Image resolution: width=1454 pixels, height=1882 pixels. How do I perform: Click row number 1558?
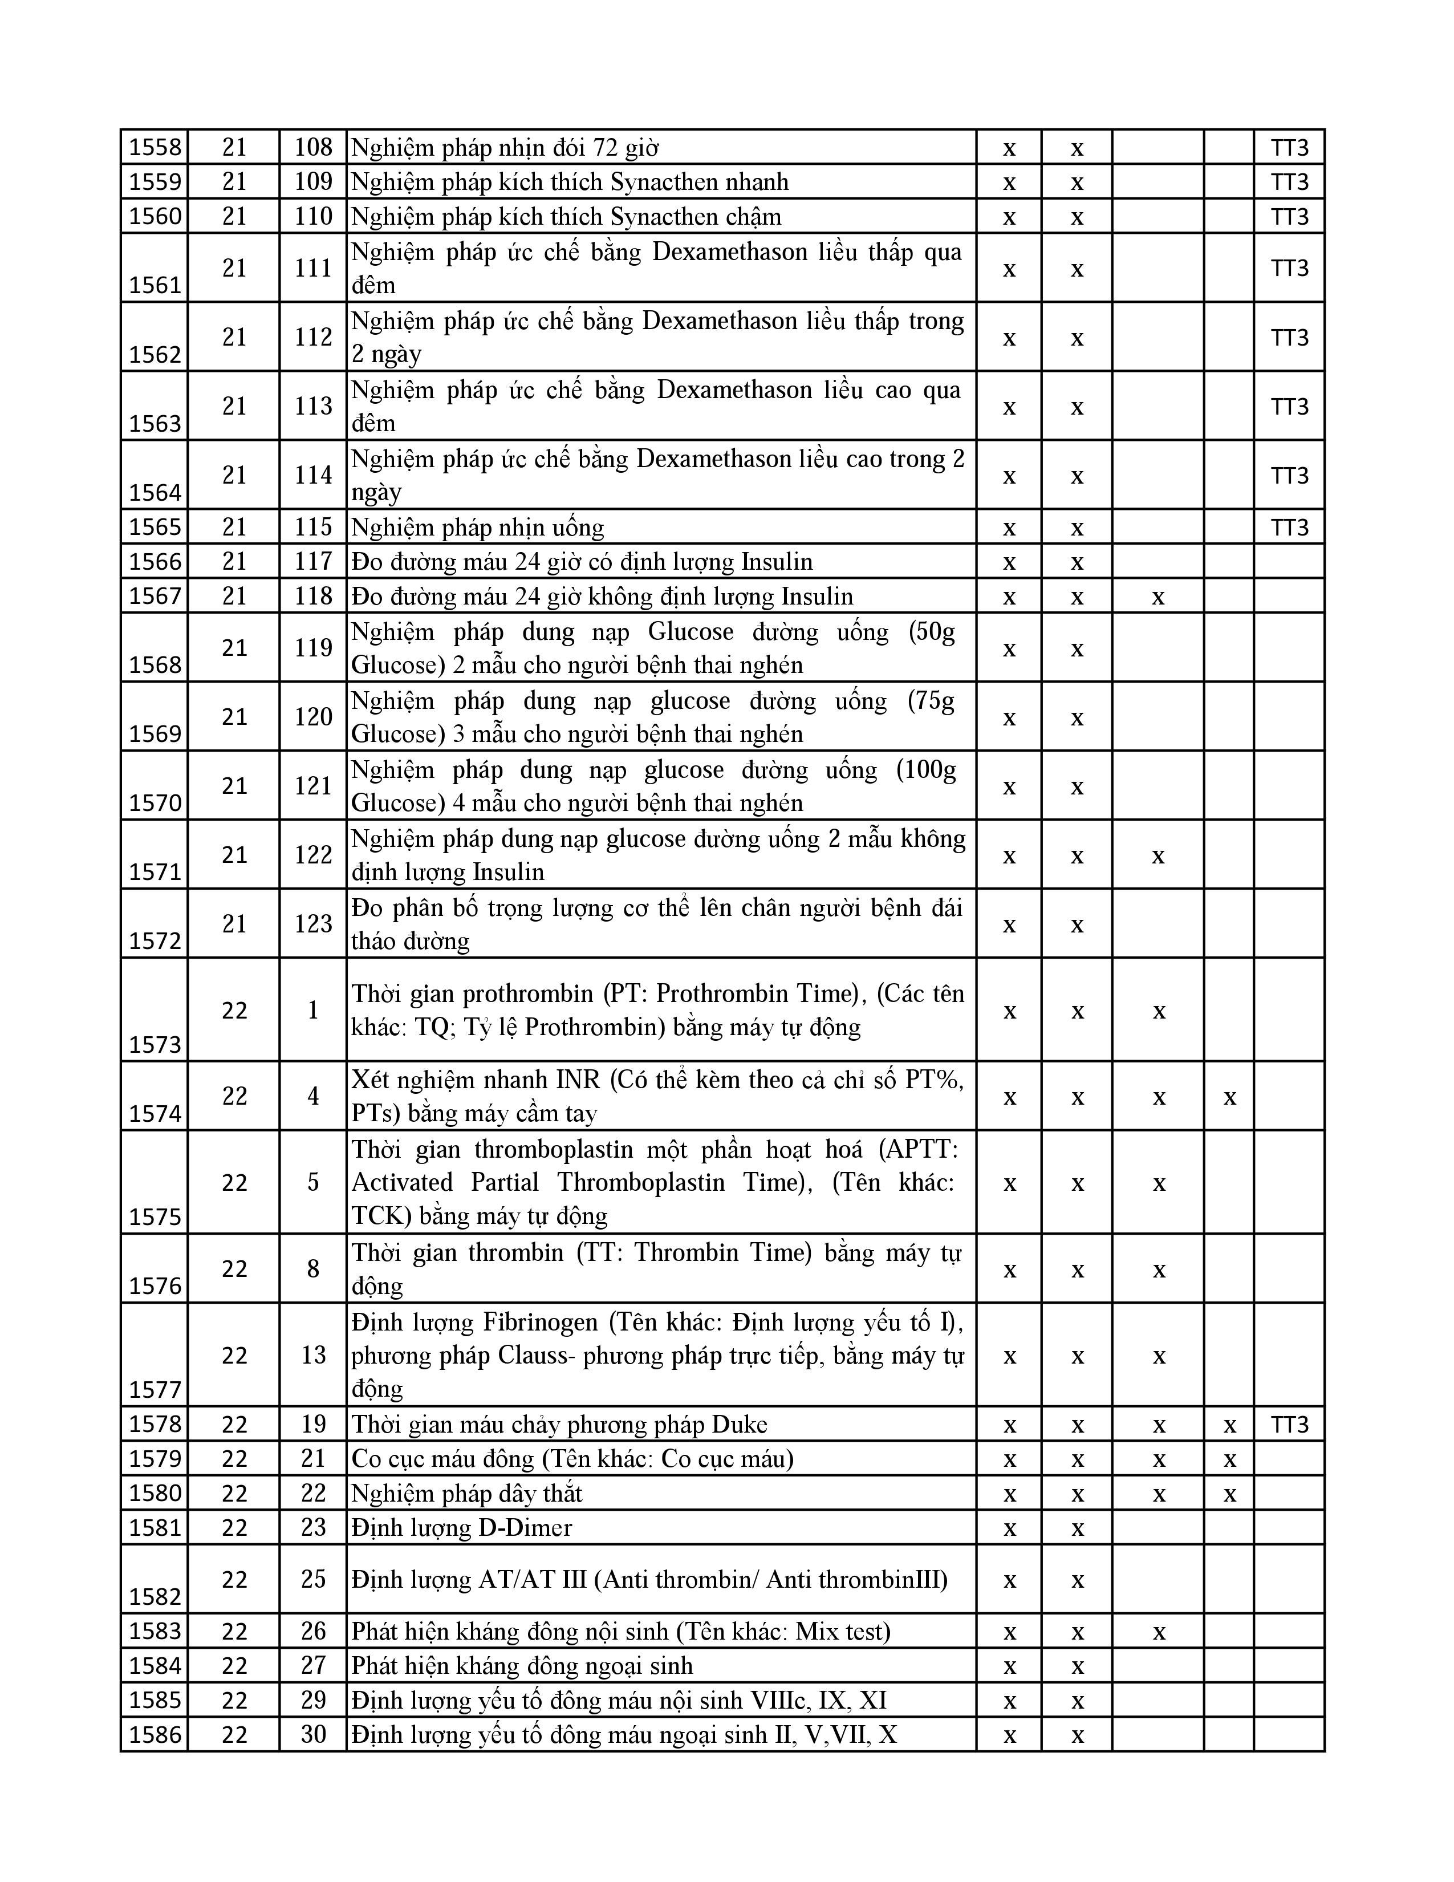coord(156,147)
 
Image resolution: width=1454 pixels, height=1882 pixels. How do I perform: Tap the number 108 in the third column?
coord(312,147)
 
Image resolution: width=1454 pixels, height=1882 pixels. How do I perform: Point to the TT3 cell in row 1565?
coord(1289,528)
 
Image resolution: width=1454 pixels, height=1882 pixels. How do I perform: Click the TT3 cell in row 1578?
coord(1289,1425)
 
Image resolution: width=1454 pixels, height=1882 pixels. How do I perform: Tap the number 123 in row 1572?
coord(312,924)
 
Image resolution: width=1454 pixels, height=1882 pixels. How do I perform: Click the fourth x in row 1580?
coord(1229,1494)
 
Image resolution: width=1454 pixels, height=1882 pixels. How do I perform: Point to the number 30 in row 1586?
coord(312,1735)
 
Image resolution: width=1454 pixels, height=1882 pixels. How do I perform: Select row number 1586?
coord(156,1735)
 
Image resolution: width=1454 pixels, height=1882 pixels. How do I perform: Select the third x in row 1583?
coord(1159,1631)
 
